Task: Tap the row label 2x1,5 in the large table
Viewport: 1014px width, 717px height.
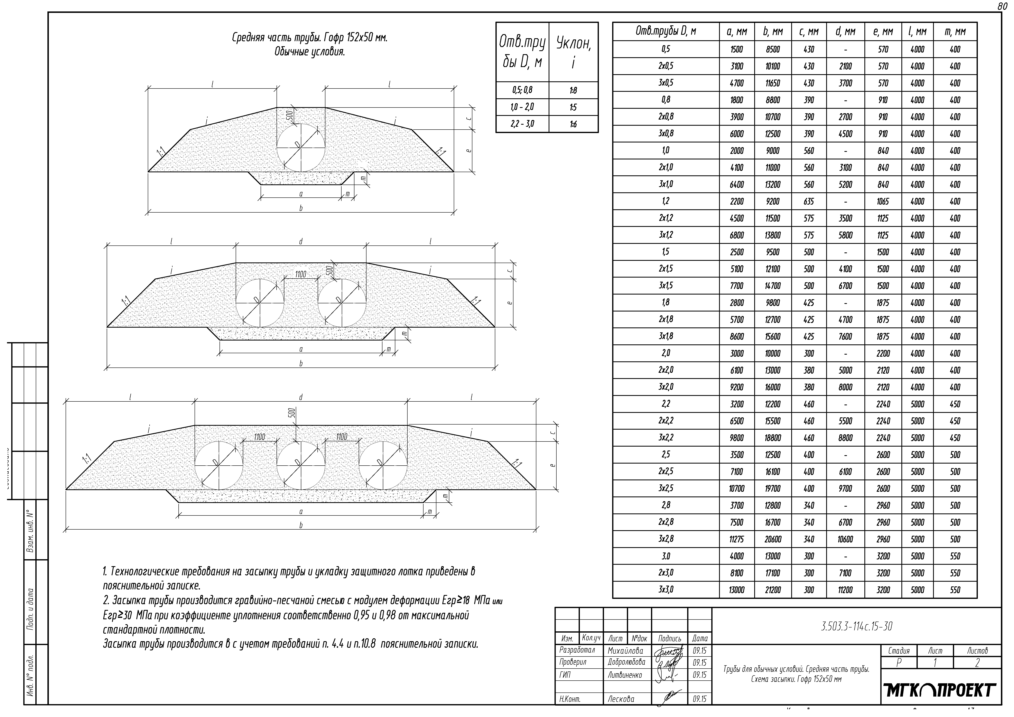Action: tap(666, 269)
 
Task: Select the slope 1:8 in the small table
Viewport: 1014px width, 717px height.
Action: tap(573, 91)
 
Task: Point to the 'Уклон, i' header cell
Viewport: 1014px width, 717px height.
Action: tap(573, 52)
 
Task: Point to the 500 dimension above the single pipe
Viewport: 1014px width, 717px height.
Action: tap(289, 116)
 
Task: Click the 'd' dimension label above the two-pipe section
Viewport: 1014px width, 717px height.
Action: tap(301, 242)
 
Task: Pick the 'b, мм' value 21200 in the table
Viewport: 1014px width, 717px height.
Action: tap(772, 590)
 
